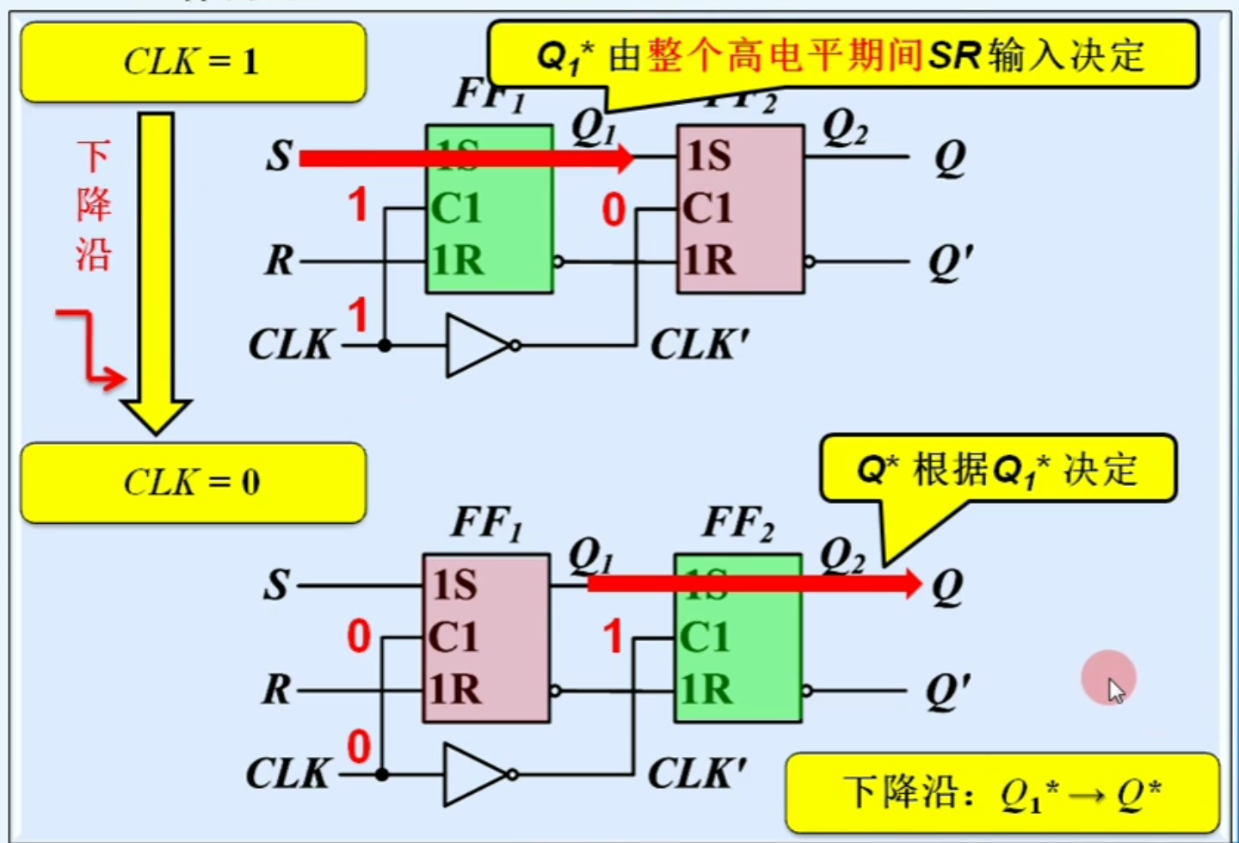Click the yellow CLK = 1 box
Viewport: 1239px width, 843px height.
coord(193,62)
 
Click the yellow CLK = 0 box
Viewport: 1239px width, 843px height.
coord(193,483)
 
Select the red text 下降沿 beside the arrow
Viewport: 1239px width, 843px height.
coord(93,206)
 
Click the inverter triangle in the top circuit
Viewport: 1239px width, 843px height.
coord(476,346)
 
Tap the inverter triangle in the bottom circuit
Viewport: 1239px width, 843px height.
coord(473,774)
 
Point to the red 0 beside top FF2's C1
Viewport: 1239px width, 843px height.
coord(613,211)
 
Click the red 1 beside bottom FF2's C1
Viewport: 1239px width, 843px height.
coord(612,637)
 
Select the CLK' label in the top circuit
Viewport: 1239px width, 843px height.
coord(699,346)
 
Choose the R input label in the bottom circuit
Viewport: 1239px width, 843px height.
coord(276,690)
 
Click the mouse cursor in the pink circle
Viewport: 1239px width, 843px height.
coord(1115,690)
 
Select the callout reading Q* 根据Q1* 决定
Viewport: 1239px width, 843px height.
coord(998,470)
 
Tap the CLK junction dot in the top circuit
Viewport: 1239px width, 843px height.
coord(385,346)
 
